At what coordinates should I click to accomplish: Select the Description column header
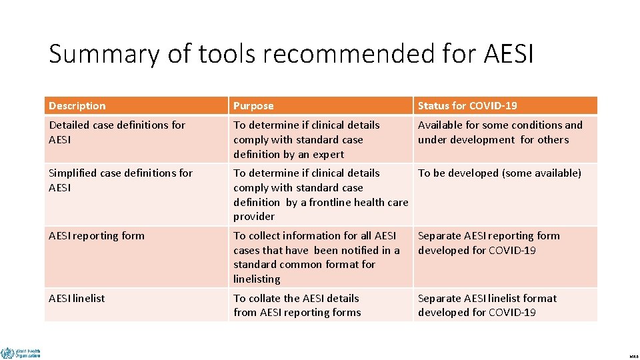pos(77,106)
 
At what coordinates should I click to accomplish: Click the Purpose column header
pos(253,106)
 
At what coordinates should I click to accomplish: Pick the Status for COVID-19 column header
pos(467,106)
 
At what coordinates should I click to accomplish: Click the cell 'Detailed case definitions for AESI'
pos(117,132)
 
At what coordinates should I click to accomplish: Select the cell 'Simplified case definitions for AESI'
pos(120,180)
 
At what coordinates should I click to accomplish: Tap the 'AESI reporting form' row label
pos(97,235)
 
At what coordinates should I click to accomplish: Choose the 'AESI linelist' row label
pos(77,299)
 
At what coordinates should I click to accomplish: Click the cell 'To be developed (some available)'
pos(499,173)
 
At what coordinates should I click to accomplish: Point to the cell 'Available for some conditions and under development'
pos(499,132)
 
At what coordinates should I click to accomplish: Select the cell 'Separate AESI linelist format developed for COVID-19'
pos(487,305)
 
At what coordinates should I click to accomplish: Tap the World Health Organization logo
pos(21,353)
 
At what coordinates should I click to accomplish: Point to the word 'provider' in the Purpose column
pos(254,217)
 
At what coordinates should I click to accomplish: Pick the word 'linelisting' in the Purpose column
pos(257,279)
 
